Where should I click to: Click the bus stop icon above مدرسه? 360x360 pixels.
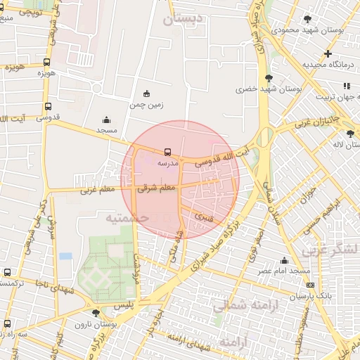point(167,151)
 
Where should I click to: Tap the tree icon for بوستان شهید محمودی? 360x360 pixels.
point(307,19)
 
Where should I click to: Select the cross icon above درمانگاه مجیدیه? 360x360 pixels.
point(328,53)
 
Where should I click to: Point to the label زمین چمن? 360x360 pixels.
point(146,105)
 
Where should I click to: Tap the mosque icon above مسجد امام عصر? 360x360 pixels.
point(284,260)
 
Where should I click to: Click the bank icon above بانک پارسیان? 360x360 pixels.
point(311,285)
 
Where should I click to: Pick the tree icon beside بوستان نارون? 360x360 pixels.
point(96,312)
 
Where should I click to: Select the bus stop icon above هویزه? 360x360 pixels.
point(46,63)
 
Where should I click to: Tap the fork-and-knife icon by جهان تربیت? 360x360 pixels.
point(346,86)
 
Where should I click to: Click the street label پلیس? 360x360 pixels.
point(124,305)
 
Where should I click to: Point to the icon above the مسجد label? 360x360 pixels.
point(106,120)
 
